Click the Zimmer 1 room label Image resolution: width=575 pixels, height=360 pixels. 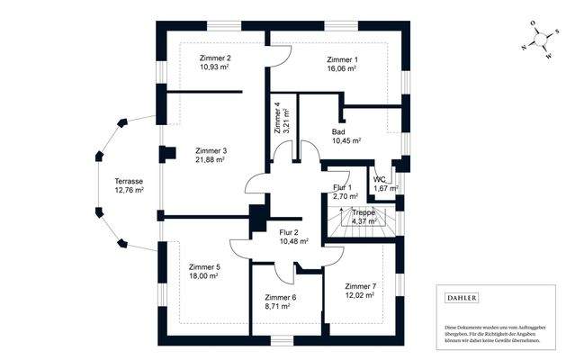pyautogui.click(x=343, y=60)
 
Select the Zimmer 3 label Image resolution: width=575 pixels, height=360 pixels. pyautogui.click(x=210, y=150)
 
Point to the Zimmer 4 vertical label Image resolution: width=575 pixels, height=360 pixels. pyautogui.click(x=278, y=117)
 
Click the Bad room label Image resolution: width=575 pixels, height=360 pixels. pyautogui.click(x=338, y=130)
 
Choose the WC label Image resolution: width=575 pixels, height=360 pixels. pyautogui.click(x=380, y=179)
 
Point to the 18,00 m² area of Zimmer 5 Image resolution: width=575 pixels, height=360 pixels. pyautogui.click(x=204, y=277)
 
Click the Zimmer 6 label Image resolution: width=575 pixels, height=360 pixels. pyautogui.click(x=280, y=297)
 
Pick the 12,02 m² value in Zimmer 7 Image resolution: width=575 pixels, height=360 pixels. pyautogui.click(x=359, y=295)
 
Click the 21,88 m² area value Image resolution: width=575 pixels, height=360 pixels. pyautogui.click(x=210, y=160)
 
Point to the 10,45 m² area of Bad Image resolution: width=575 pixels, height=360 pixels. pyautogui.click(x=346, y=140)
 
